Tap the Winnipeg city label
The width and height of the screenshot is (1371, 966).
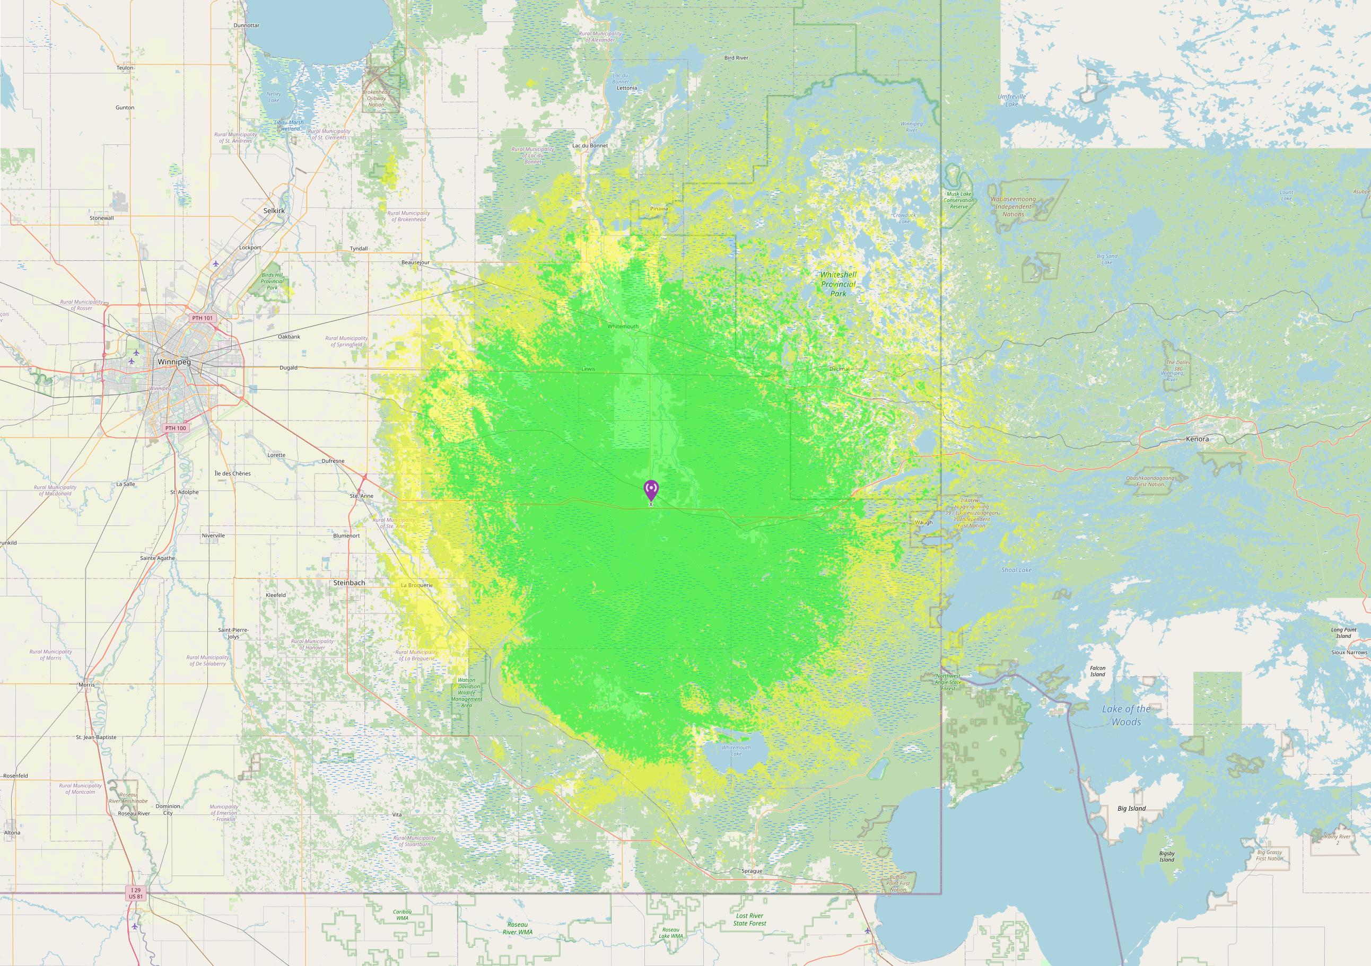coord(174,362)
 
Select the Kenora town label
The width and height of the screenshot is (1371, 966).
coord(1197,439)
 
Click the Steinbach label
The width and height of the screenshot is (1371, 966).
coord(349,583)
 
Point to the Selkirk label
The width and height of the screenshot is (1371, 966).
coord(274,211)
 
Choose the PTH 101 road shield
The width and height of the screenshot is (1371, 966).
coord(203,318)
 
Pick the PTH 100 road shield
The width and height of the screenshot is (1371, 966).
coord(176,428)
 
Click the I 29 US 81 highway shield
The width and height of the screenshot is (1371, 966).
coord(136,893)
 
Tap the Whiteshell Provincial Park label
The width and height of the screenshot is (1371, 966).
coord(838,284)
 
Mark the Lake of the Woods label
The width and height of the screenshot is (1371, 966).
coord(1125,715)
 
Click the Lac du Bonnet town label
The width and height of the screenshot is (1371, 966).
coord(590,146)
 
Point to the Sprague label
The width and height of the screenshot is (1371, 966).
coord(752,871)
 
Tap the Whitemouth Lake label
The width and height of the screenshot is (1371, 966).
coord(736,750)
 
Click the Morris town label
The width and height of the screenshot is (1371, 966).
coord(86,685)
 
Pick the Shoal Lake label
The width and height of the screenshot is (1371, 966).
coord(1016,570)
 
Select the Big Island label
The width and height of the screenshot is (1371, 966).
coord(1132,809)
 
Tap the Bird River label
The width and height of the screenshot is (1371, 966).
coord(736,58)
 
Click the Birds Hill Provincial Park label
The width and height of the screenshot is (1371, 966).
coord(272,281)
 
